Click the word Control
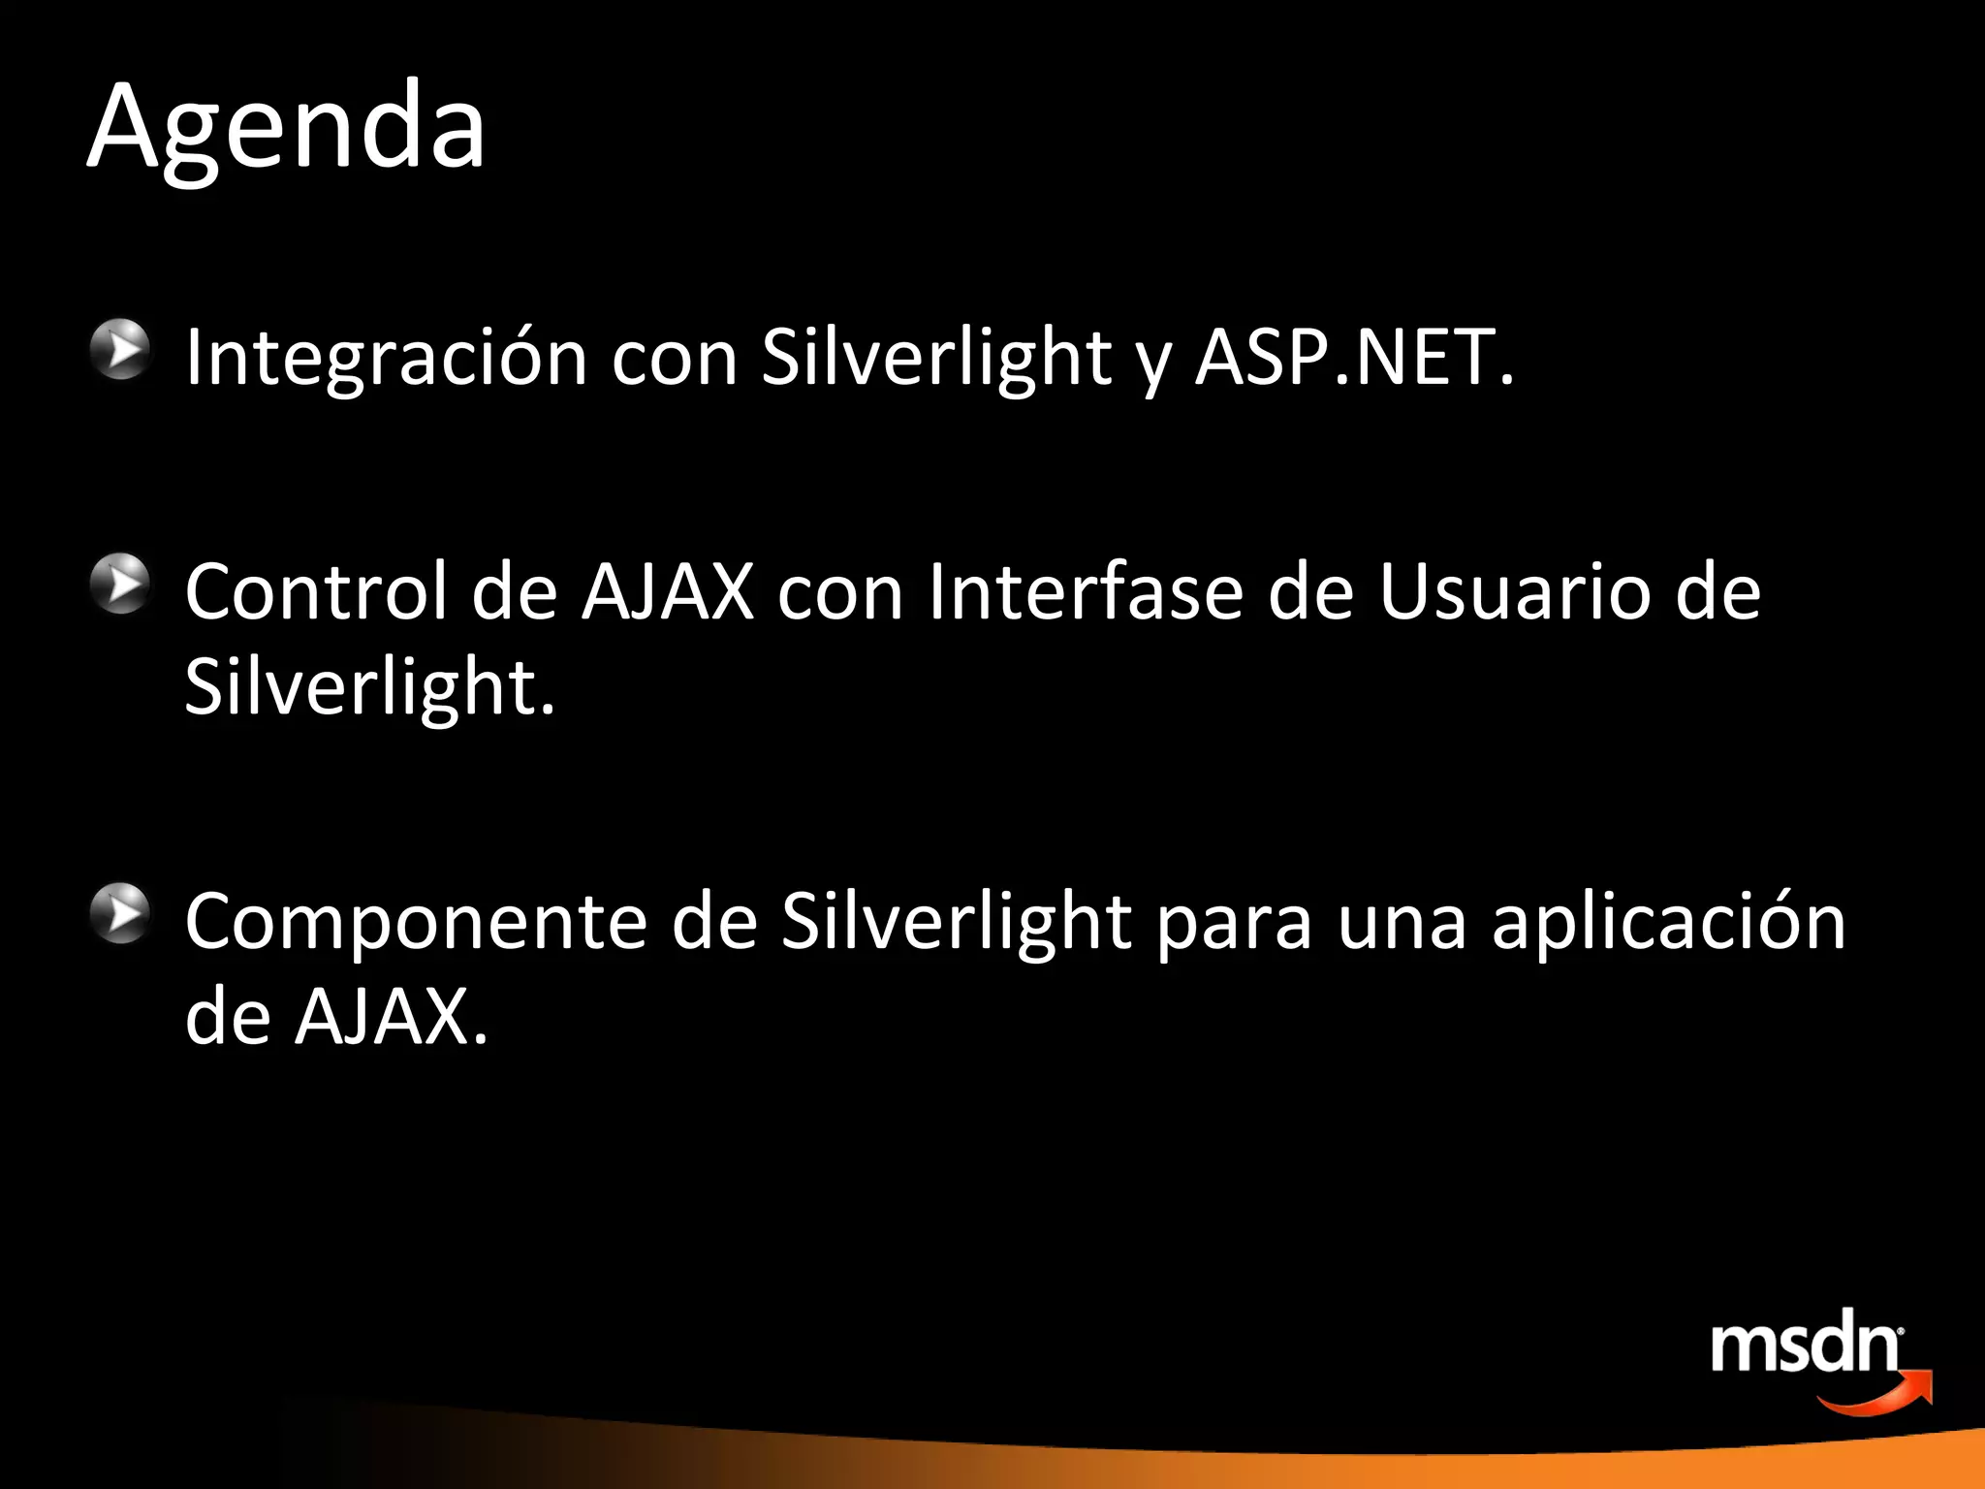coord(316,591)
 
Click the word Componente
coord(416,922)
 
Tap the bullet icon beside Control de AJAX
coord(121,584)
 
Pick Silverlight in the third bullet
coord(956,922)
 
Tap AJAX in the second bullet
coord(668,591)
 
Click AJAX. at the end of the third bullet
coord(392,1018)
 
